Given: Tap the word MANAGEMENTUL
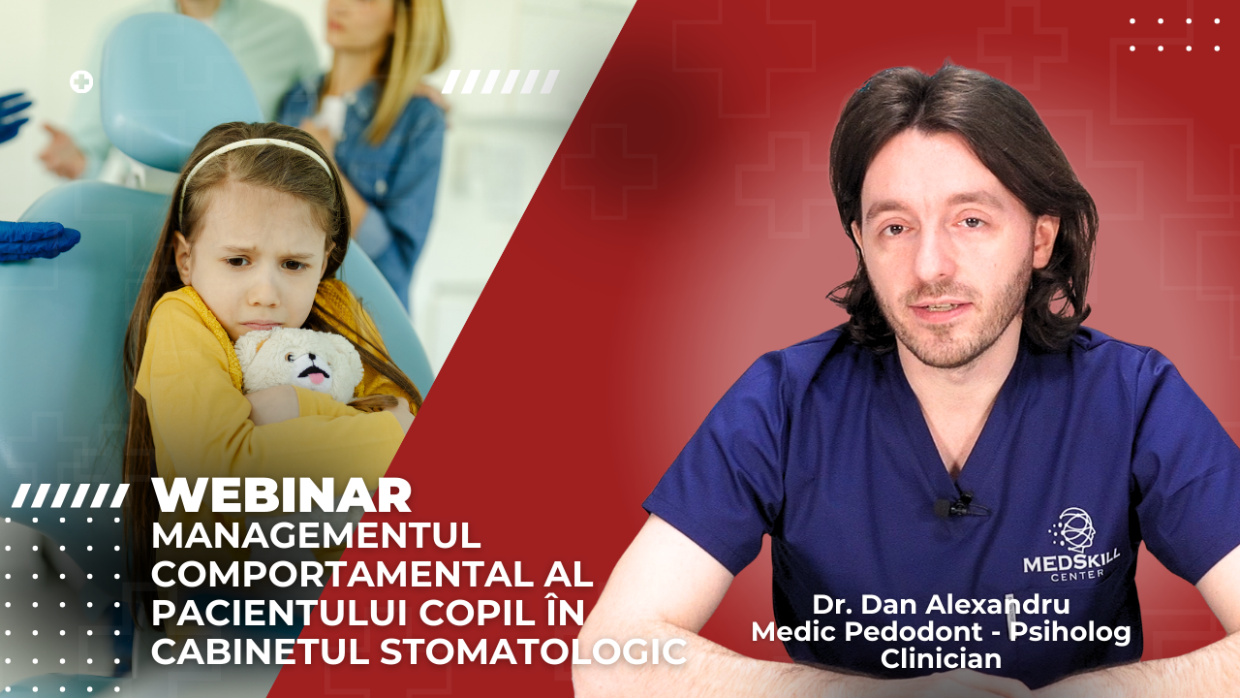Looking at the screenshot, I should pyautogui.click(x=316, y=534).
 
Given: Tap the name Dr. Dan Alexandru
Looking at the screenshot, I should pyautogui.click(x=941, y=604).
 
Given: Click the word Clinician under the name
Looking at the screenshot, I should pyautogui.click(x=941, y=659).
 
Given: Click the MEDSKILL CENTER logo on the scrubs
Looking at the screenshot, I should pyautogui.click(x=1071, y=546).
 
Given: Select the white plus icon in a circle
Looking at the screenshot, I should pyautogui.click(x=81, y=82).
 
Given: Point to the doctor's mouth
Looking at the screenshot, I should pyautogui.click(x=939, y=309).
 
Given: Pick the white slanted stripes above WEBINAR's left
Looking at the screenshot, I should pyautogui.click(x=70, y=496).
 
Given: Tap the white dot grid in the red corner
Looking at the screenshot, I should pyautogui.click(x=1174, y=34).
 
